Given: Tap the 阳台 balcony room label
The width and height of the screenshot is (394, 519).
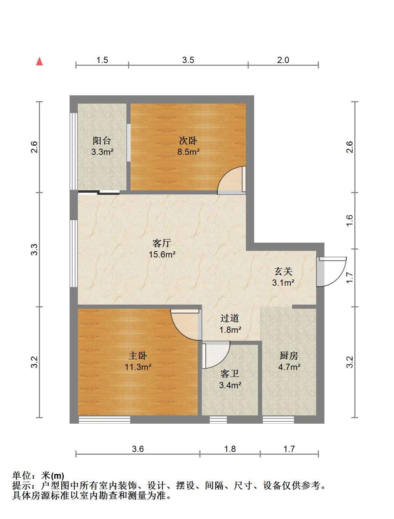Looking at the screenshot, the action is click(102, 141).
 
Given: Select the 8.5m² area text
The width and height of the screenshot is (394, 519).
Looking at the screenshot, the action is click(189, 151).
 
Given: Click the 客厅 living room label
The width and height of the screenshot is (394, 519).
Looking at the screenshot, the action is click(162, 243).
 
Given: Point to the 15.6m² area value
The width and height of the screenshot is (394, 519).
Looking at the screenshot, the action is click(162, 254).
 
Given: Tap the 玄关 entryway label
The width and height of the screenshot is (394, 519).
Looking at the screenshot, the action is click(283, 271).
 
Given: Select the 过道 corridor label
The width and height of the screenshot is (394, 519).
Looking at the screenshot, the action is click(229, 318).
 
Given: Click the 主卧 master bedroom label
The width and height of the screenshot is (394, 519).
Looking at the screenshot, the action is click(138, 356).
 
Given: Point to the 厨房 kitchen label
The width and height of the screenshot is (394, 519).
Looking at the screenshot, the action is click(289, 356).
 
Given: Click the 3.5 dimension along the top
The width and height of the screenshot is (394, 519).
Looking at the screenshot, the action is click(188, 60).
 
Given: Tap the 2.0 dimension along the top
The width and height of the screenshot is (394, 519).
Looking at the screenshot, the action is click(283, 60).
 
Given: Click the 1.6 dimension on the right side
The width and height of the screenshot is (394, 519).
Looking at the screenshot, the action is click(350, 220).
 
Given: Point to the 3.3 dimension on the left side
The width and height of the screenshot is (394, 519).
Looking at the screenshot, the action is click(34, 250).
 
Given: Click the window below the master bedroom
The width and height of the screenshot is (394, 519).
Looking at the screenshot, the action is click(104, 420).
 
